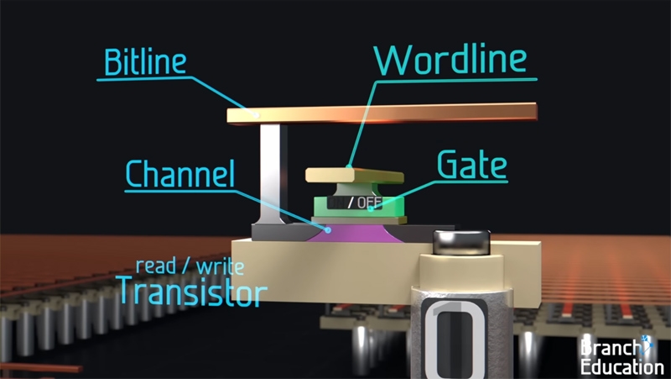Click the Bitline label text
(145, 62)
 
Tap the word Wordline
(450, 61)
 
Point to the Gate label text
(472, 166)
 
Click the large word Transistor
(192, 291)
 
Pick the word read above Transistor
(155, 267)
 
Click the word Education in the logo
(624, 366)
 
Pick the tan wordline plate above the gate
(352, 175)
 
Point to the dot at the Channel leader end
(329, 228)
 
